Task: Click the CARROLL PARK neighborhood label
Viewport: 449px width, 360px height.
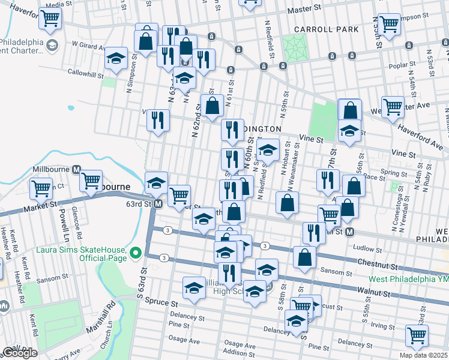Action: point(327,29)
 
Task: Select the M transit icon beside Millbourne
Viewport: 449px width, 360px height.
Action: point(76,170)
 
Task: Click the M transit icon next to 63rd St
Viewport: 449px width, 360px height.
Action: point(157,205)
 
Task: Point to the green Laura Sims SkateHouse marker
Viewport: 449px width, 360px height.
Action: point(136,254)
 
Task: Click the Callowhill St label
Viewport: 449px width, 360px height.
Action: point(90,71)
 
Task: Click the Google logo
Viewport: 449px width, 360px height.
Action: point(19,353)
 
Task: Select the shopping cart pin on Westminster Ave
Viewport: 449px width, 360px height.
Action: point(393,107)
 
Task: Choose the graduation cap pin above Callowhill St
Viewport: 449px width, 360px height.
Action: point(116,58)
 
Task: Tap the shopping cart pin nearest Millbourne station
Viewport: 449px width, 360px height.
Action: point(91,180)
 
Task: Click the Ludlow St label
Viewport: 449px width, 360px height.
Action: point(367,248)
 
